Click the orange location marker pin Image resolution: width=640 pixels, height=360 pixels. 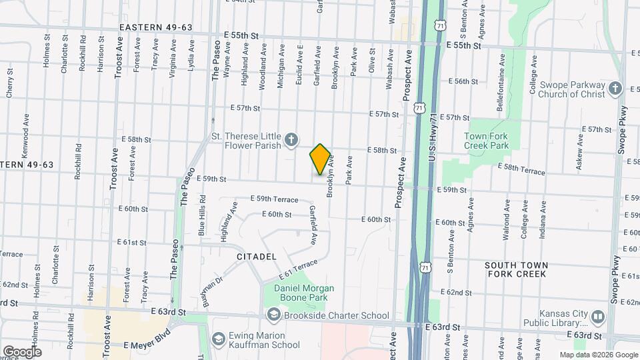point(320,159)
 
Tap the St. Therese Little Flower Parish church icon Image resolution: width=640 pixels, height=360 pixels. point(291,139)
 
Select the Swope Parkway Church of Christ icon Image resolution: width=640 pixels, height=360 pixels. point(615,89)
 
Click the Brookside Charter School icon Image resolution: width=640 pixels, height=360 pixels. point(273,315)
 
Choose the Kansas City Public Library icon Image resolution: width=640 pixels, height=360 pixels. point(597,317)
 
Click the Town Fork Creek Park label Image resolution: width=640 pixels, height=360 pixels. point(486,141)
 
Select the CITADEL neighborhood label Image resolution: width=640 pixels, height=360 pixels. point(257,257)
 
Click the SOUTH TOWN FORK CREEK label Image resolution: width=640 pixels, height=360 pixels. point(516,269)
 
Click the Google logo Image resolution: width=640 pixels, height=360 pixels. point(22,351)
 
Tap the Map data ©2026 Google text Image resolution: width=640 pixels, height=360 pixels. point(597,355)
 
